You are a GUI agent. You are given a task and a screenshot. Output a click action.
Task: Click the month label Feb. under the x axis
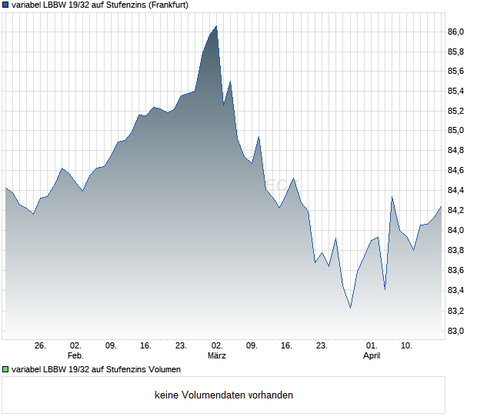[75, 355]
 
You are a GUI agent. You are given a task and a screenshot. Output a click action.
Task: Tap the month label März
[217, 355]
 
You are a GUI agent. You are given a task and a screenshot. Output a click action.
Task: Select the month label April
[372, 355]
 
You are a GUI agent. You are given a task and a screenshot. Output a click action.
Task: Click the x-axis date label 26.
[41, 345]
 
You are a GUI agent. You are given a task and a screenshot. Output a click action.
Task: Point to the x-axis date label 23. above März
[182, 345]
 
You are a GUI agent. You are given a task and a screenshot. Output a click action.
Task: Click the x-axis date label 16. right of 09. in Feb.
[146, 345]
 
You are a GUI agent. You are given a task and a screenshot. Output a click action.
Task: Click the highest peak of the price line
[216, 26]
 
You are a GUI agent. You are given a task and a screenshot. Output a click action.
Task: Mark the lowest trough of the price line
[350, 308]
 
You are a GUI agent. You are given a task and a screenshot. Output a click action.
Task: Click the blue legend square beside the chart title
[5, 5]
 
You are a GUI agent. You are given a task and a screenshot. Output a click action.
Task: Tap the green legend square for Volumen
[5, 369]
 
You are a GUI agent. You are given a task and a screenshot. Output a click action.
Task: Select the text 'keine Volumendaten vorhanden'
[224, 395]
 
